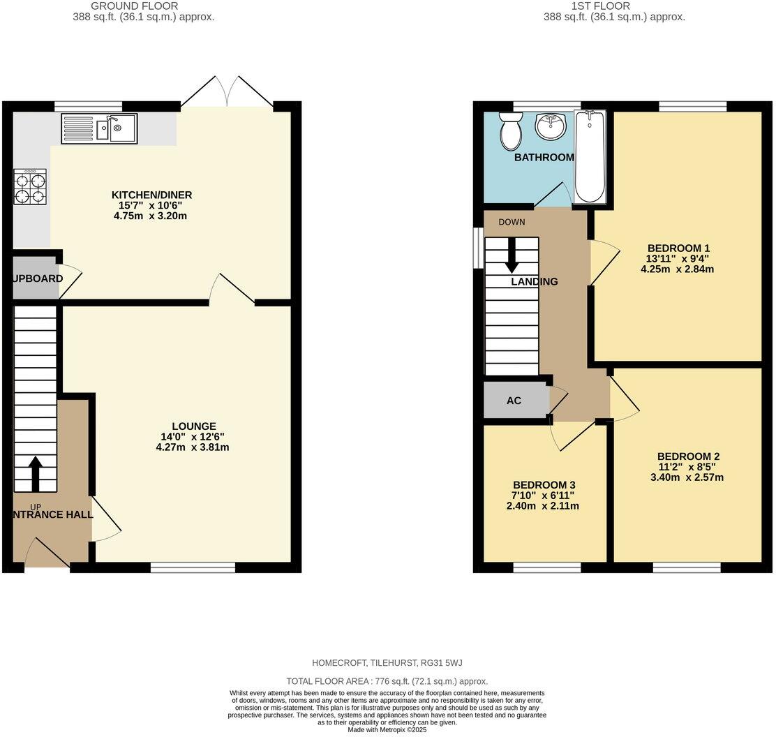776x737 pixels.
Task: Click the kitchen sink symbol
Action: click(x=99, y=128)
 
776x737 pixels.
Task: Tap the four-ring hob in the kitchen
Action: click(x=30, y=186)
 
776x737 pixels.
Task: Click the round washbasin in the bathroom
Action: click(x=551, y=127)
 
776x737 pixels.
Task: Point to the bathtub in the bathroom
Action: click(x=590, y=156)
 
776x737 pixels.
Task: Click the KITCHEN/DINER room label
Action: click(x=152, y=195)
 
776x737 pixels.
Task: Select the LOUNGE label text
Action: click(x=194, y=426)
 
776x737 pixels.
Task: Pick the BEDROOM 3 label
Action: click(x=544, y=485)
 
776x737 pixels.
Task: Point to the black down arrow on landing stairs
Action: click(x=512, y=255)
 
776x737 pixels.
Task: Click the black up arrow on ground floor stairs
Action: click(x=34, y=475)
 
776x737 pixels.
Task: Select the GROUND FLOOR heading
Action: click(x=143, y=6)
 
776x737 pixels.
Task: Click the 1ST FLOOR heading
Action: click(x=614, y=6)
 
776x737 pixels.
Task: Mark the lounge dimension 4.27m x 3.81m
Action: click(x=193, y=447)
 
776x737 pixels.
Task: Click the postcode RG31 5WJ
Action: click(x=440, y=662)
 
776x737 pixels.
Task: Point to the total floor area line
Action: click(x=387, y=681)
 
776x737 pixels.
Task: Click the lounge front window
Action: click(x=193, y=567)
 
